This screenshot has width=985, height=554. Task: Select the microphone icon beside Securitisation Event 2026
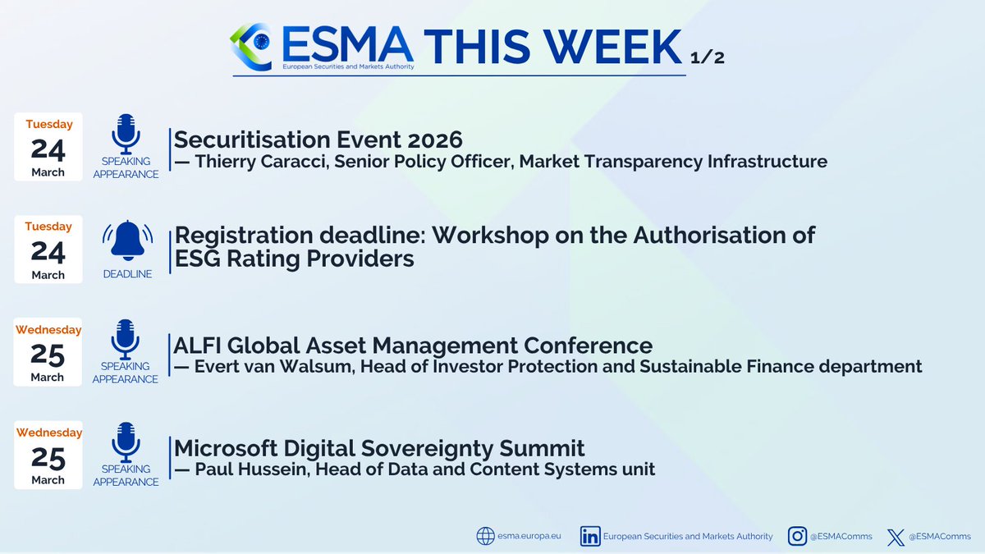click(126, 134)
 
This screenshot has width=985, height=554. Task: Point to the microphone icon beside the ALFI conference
click(126, 339)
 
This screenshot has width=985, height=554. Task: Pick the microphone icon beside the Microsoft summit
click(126, 442)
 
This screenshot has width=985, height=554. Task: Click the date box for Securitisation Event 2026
click(49, 147)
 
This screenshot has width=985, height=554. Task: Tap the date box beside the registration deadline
click(49, 250)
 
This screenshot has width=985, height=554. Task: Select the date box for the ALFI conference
click(49, 352)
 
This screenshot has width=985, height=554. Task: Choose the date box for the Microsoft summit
click(49, 455)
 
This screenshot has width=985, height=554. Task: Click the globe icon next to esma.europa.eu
click(486, 536)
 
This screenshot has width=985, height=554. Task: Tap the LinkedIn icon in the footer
click(589, 536)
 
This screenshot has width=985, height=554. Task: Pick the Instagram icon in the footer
click(796, 536)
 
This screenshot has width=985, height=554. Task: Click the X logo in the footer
click(896, 537)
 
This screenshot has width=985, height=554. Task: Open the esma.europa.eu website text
click(530, 537)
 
